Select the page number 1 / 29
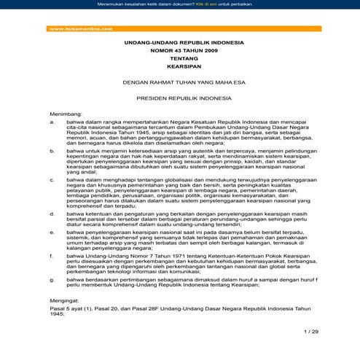[310, 332]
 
